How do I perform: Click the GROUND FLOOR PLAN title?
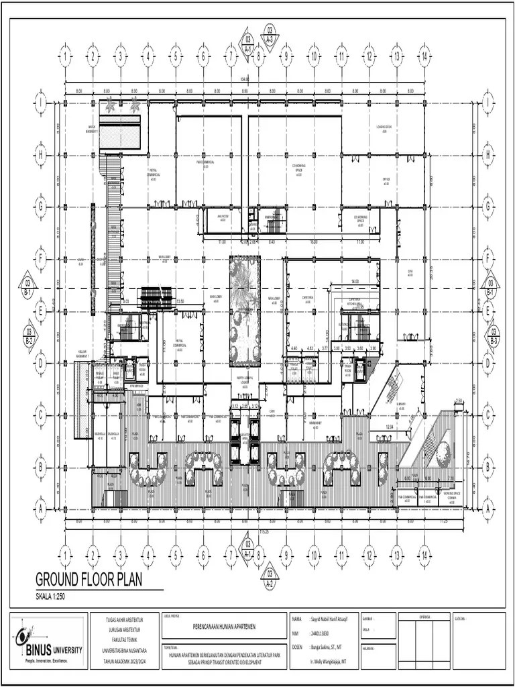(89, 580)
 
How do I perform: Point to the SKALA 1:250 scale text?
(51, 596)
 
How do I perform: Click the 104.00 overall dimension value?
(244, 80)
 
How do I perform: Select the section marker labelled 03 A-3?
(270, 34)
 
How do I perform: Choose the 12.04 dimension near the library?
(389, 427)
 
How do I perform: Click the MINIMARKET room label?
(312, 422)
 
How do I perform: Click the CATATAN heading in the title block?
(460, 619)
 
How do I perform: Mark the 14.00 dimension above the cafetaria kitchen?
(355, 282)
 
